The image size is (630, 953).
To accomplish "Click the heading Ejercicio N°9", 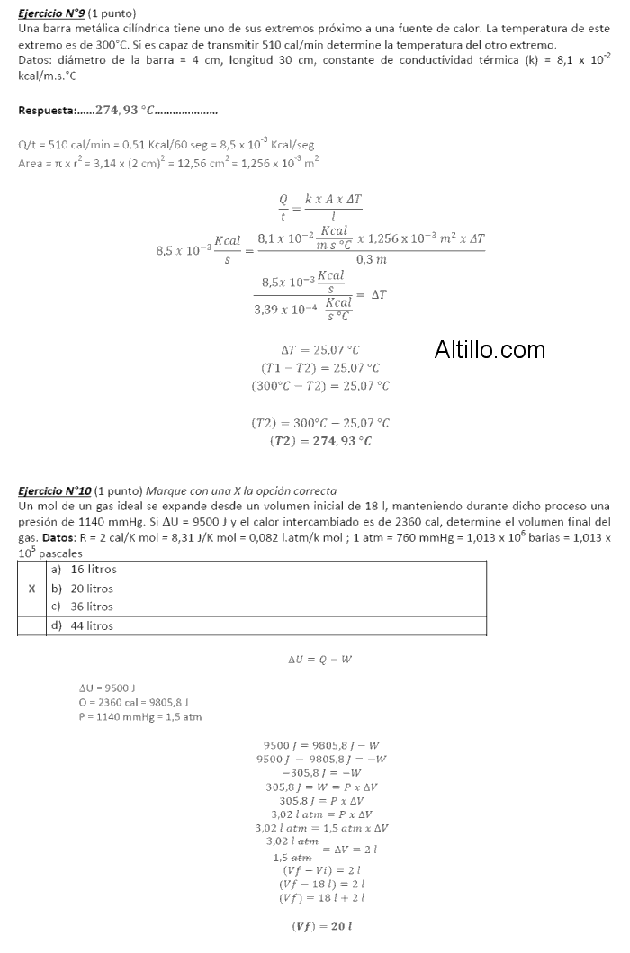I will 52,14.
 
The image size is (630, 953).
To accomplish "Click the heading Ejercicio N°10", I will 55,490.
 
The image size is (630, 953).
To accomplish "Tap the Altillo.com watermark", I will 490,349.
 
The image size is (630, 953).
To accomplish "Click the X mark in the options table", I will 32,589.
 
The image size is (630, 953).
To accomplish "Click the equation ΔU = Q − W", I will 319,660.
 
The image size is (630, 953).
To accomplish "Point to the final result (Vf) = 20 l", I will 320,927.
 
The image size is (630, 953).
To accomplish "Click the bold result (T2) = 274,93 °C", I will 320,441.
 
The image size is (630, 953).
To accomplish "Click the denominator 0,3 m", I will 371,259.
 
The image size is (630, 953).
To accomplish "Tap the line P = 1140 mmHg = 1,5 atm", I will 134,716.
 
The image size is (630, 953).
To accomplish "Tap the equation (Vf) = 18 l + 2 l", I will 321,897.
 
